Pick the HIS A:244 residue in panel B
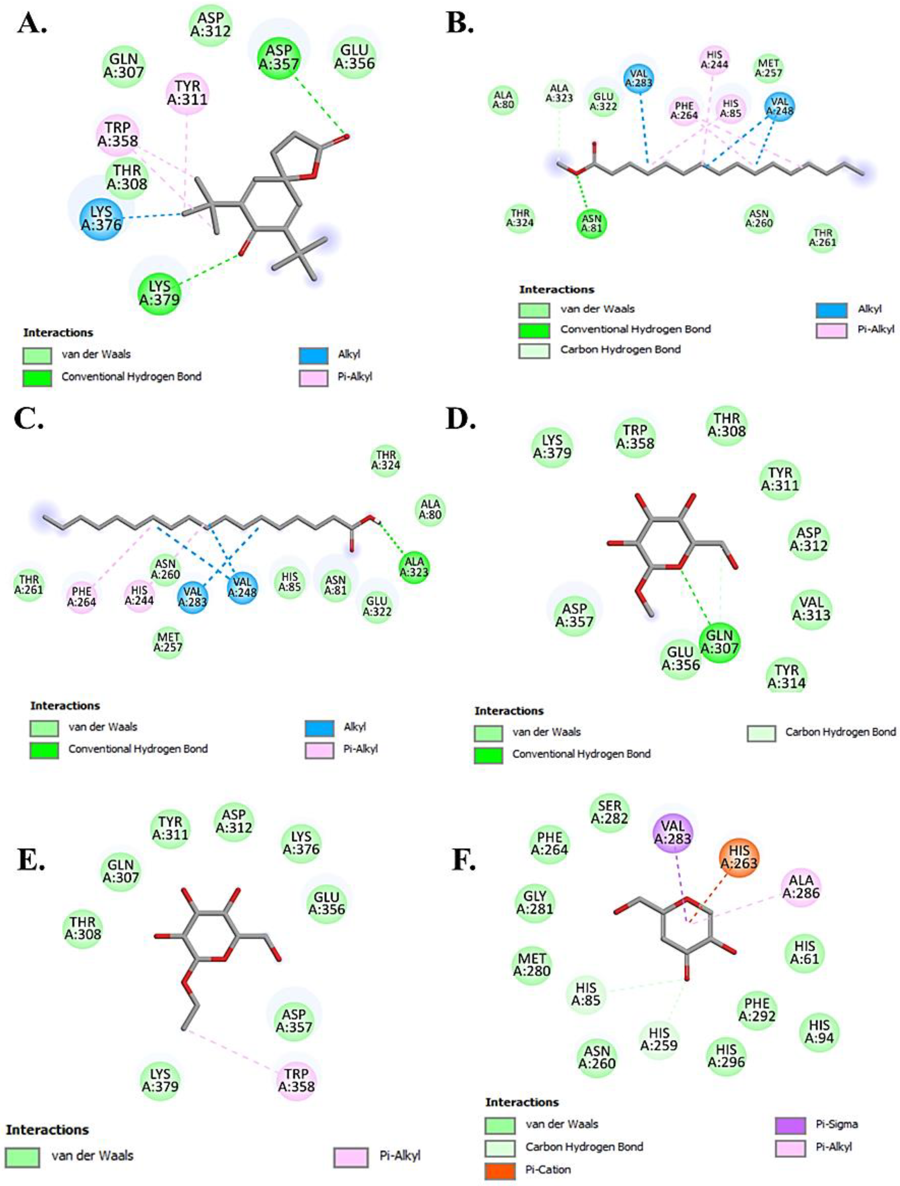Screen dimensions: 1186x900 click(x=715, y=59)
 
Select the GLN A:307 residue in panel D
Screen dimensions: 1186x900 click(x=719, y=641)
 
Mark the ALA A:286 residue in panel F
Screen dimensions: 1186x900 click(x=801, y=886)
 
